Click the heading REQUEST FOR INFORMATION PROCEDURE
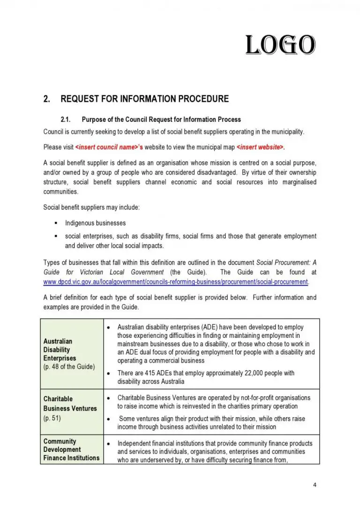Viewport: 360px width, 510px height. pyautogui.click(x=144, y=99)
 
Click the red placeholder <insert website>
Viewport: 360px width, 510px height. pyautogui.click(x=260, y=147)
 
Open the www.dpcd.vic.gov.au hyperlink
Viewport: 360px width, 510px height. pyautogui.click(x=176, y=282)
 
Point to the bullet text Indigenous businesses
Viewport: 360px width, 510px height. pyautogui.click(x=95, y=223)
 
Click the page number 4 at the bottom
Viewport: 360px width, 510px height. pyautogui.click(x=315, y=485)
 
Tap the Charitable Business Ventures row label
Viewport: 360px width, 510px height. pyautogui.click(x=70, y=403)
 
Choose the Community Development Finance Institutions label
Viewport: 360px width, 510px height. pyautogui.click(x=71, y=449)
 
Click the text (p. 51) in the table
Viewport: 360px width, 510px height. pyautogui.click(x=52, y=418)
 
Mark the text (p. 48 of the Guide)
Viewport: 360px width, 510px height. pyautogui.click(x=69, y=366)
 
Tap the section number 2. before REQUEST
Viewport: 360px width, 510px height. pyautogui.click(x=46, y=99)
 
